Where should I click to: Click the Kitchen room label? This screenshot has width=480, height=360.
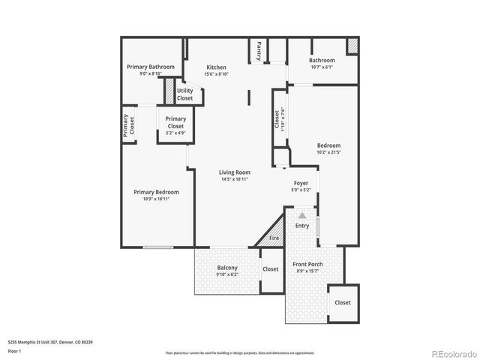[x=216, y=67]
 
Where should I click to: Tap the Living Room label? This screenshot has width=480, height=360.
[x=234, y=172]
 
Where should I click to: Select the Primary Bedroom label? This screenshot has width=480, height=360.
[x=156, y=192]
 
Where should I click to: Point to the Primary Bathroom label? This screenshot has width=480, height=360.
[x=151, y=67]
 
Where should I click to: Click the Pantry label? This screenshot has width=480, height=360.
[x=259, y=50]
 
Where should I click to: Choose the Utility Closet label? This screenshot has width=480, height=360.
[x=184, y=94]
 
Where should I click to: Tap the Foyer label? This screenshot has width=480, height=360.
[x=301, y=182]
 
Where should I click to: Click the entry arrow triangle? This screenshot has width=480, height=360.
[x=302, y=215]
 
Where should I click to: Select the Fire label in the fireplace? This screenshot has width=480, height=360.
[x=274, y=238]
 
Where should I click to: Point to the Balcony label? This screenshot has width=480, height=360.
[x=227, y=268]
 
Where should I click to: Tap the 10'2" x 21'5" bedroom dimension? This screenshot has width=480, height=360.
[x=328, y=152]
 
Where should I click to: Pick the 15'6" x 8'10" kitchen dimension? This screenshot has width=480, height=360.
[x=216, y=74]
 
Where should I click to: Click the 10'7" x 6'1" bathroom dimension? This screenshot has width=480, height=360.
[x=322, y=67]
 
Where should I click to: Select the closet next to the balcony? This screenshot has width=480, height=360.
[x=270, y=269]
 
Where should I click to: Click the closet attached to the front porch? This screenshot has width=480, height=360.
[x=342, y=302]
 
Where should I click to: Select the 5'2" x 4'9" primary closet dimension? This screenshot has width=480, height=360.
[x=175, y=133]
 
